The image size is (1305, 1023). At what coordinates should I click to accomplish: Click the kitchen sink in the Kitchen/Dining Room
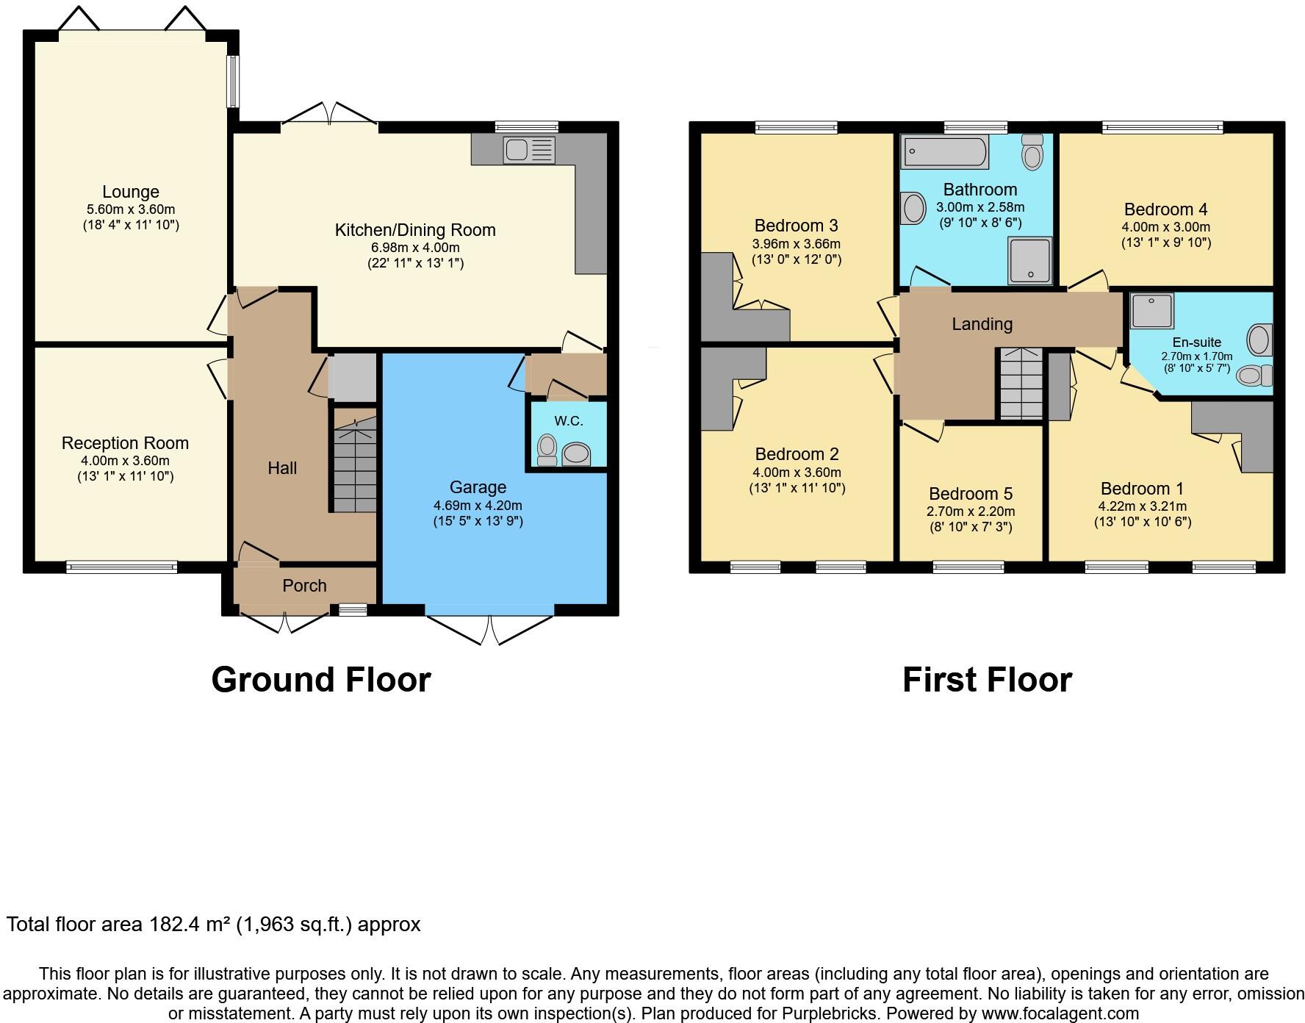click(x=528, y=150)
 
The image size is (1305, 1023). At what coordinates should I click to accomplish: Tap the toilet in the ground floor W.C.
click(x=547, y=450)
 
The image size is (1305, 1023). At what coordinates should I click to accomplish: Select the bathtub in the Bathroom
click(x=943, y=151)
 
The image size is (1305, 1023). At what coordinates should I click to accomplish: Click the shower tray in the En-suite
click(x=1152, y=310)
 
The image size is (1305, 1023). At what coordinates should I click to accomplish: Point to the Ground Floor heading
click(x=321, y=680)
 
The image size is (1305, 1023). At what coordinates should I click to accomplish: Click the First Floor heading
click(x=987, y=680)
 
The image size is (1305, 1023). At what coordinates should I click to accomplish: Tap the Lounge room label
click(x=131, y=192)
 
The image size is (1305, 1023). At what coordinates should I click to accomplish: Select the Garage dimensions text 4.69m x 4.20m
click(x=478, y=506)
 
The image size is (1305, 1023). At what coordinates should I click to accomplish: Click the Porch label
click(x=304, y=586)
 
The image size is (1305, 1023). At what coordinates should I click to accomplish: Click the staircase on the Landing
click(x=1021, y=384)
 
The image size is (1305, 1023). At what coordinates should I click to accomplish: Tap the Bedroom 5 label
click(x=970, y=494)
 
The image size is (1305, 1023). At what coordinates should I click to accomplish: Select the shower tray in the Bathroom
click(x=1030, y=260)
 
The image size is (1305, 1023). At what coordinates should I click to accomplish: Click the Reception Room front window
click(x=122, y=567)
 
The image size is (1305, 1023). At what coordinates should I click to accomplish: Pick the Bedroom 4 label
click(x=1165, y=209)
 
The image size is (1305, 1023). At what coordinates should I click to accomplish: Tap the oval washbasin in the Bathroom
click(x=914, y=208)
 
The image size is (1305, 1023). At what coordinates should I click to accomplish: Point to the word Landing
click(x=982, y=324)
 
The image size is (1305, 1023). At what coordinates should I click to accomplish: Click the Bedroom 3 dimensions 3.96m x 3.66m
click(x=796, y=244)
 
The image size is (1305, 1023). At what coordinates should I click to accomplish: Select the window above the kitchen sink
click(x=526, y=126)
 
